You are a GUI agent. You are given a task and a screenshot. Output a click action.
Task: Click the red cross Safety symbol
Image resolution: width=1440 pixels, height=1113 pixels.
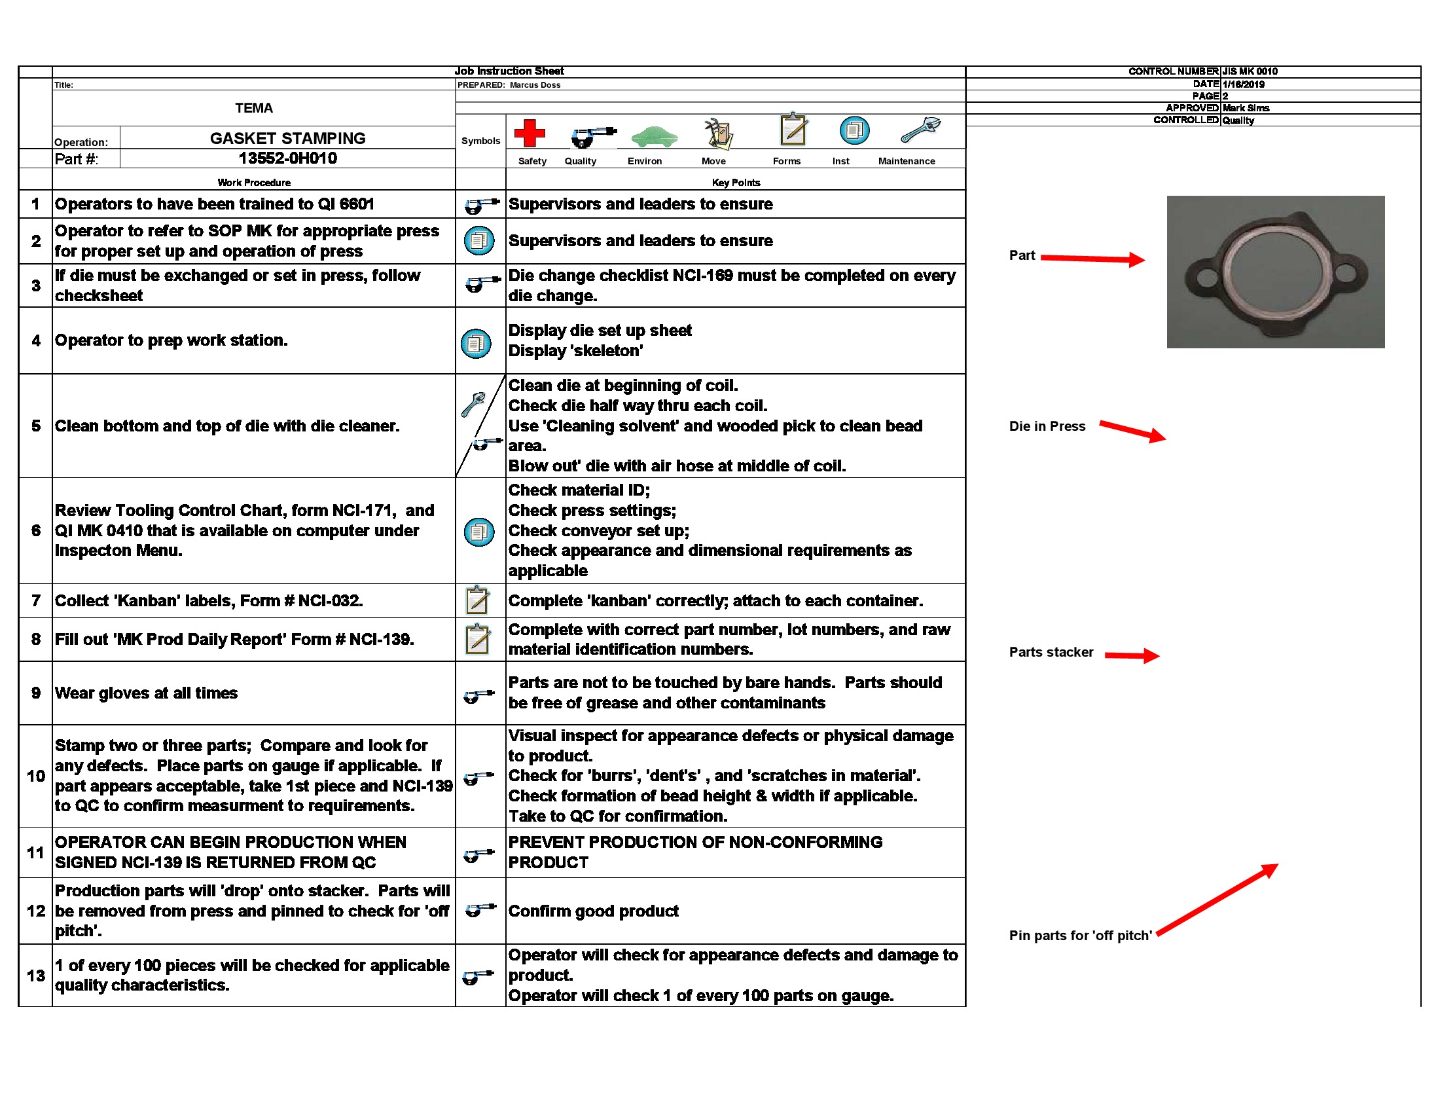point(530,132)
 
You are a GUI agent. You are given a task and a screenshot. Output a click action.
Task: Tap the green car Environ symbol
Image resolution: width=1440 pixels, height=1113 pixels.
point(653,136)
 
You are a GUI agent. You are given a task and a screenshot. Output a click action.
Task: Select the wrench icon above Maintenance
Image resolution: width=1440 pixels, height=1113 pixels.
point(920,130)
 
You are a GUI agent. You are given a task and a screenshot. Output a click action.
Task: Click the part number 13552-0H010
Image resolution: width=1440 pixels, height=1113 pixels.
point(287,158)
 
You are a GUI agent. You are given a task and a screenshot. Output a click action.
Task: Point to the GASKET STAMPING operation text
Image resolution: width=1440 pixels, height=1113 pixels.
point(287,138)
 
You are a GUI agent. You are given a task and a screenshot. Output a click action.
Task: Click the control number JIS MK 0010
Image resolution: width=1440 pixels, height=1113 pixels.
point(1250,71)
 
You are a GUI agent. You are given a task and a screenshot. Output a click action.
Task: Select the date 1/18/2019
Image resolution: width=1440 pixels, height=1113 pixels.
point(1243,84)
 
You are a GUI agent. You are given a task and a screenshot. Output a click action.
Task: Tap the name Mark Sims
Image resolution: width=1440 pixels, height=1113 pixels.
point(1246,108)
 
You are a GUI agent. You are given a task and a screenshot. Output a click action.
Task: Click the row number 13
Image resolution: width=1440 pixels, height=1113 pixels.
point(35,976)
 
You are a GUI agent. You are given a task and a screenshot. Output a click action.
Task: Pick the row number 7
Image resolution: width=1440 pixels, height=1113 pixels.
point(35,600)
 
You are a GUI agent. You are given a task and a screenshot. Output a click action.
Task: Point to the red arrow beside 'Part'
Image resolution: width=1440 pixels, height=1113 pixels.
point(1092,259)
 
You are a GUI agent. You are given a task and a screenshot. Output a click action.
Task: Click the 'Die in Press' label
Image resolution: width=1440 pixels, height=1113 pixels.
point(1047,427)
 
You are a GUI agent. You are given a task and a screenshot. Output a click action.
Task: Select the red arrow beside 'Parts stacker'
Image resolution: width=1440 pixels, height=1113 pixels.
point(1131,655)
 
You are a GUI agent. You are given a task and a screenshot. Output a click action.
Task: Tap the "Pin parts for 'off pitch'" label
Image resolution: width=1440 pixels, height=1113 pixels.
point(1080,936)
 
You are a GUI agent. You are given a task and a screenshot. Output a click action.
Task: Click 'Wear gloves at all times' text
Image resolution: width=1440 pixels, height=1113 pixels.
point(146,693)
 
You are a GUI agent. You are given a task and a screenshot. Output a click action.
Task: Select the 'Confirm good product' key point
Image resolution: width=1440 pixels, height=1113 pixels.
point(593,911)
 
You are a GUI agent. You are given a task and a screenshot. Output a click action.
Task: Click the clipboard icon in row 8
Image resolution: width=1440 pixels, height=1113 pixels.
point(477,639)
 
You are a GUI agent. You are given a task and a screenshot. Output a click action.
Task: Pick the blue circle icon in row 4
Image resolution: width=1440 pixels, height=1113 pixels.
point(476,344)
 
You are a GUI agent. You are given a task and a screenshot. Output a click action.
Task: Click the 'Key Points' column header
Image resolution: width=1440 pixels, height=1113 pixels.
point(736,183)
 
